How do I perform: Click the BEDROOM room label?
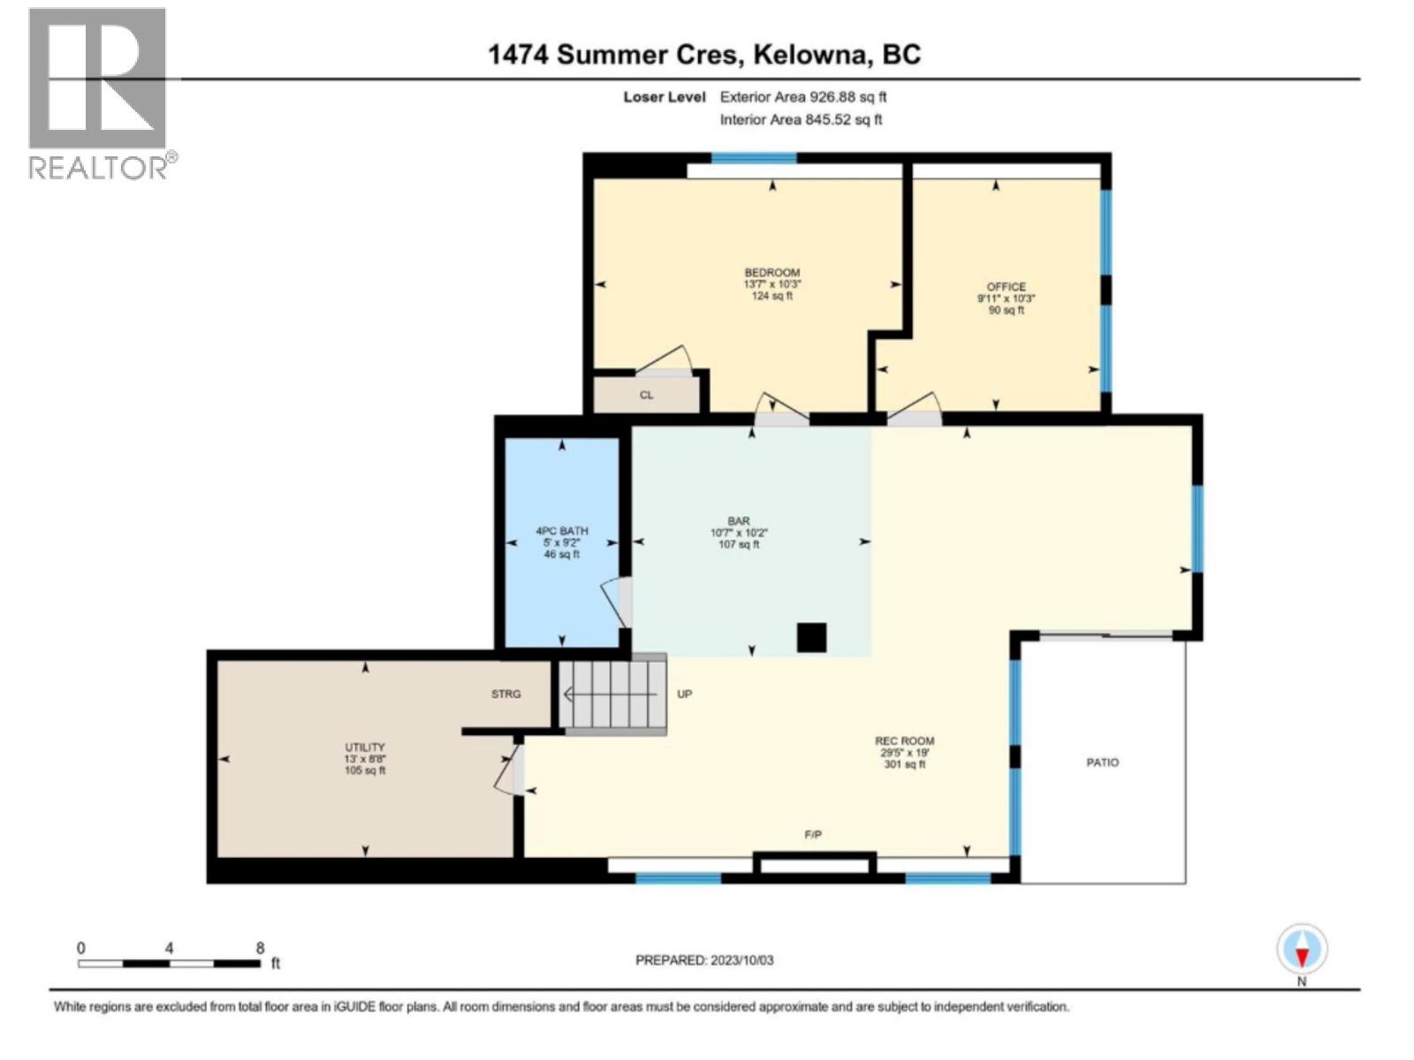pos(772,273)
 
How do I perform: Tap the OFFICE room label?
pos(1006,287)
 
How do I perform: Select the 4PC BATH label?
pos(562,532)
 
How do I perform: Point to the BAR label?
pos(739,521)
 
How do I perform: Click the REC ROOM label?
pos(904,741)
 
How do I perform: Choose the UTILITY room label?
pos(365,747)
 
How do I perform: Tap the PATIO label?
pos(1102,762)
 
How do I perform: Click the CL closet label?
pos(646,395)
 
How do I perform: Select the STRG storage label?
pos(506,694)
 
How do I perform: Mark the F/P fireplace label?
pos(813,835)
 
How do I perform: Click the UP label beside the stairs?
pos(684,694)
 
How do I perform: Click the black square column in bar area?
pos(811,637)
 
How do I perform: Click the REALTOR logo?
pos(99,93)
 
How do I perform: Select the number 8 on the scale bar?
pos(260,948)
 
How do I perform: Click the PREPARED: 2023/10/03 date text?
pos(704,960)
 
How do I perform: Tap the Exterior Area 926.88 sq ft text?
pos(802,97)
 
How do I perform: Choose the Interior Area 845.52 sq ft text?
pos(801,119)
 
